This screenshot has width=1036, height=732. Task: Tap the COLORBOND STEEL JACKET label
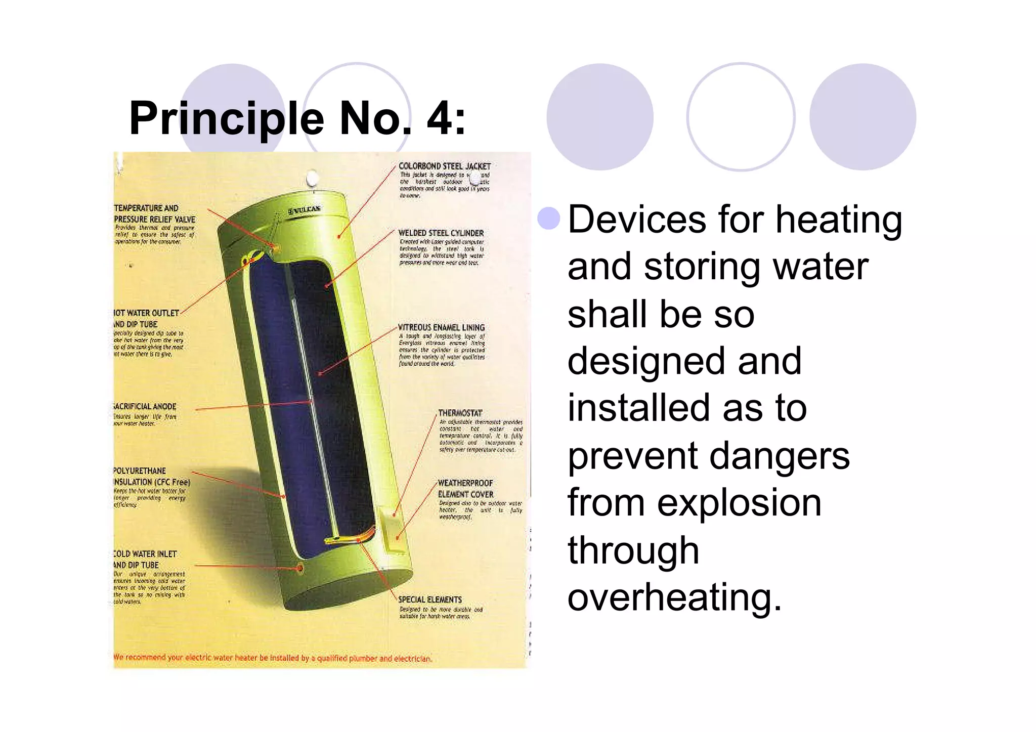click(444, 166)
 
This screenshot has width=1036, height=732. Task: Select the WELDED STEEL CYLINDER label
click(441, 233)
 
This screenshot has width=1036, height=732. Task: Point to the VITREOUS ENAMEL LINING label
click(441, 327)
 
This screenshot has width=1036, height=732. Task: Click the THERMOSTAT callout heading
click(460, 413)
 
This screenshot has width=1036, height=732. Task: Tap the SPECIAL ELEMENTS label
click(430, 599)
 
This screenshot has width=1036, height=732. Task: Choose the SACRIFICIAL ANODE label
click(145, 406)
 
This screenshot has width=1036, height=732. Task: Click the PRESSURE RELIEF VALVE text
click(154, 219)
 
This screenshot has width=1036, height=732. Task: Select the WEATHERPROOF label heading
click(465, 483)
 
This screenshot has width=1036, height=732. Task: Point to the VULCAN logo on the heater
click(305, 210)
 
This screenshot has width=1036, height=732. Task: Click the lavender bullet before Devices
click(549, 219)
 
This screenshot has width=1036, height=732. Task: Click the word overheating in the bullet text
click(674, 597)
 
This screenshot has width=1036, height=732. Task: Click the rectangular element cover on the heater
click(391, 531)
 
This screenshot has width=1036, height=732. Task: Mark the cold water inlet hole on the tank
click(300, 569)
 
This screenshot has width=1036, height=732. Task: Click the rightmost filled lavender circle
click(862, 116)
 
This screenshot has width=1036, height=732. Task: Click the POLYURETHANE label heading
click(140, 470)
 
